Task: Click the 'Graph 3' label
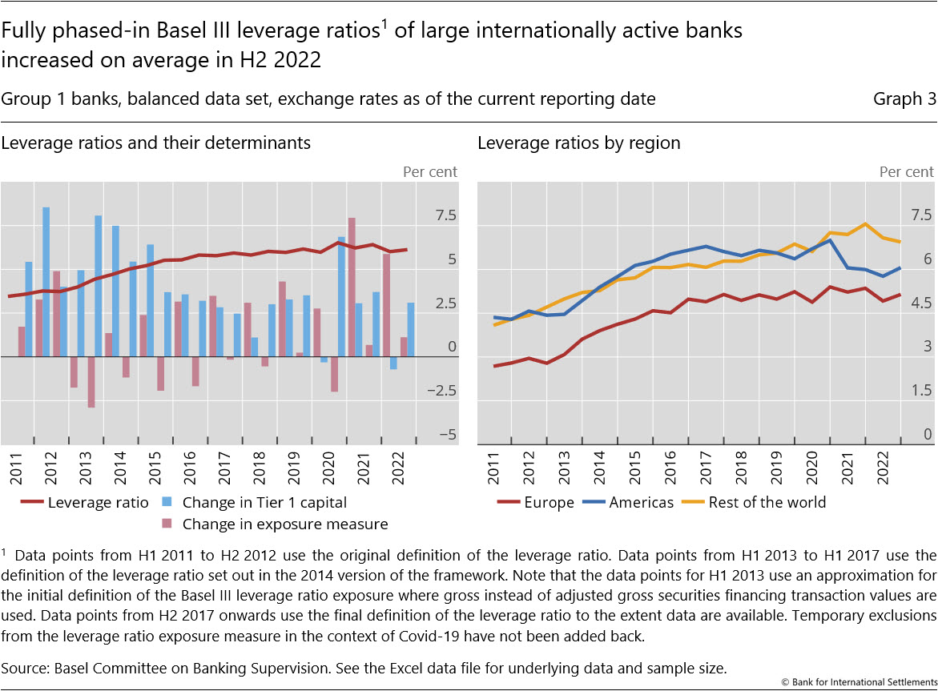point(904,99)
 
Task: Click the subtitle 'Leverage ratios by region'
point(578,143)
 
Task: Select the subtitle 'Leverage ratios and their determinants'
point(156,143)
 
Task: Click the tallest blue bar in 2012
point(46,280)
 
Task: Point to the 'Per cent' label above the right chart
point(906,171)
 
